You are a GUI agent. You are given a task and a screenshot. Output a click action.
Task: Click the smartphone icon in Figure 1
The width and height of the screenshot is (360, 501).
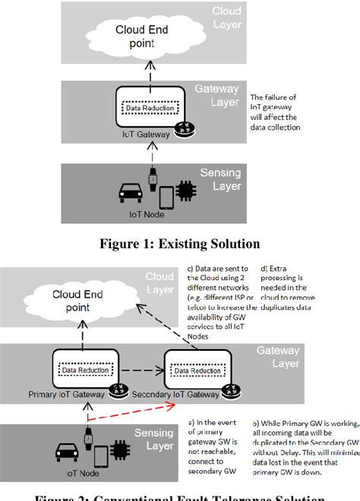[x=166, y=197]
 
